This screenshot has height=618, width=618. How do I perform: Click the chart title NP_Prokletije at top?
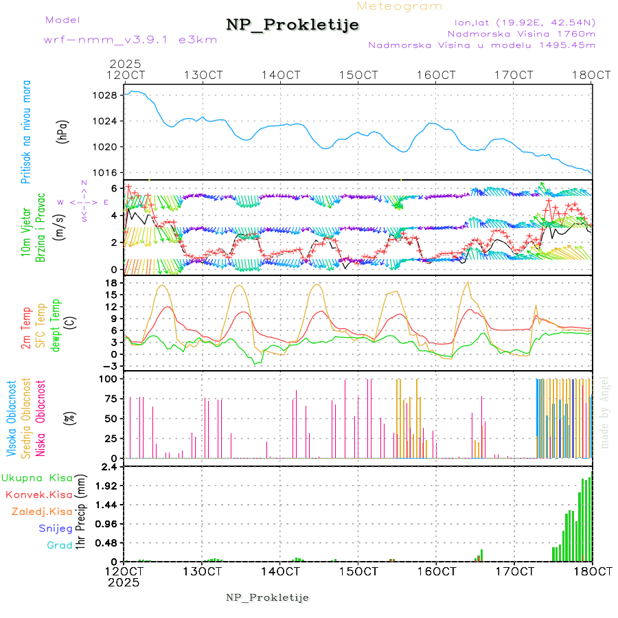click(293, 25)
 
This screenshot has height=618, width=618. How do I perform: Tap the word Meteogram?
click(400, 6)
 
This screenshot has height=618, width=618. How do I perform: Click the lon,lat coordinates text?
click(526, 23)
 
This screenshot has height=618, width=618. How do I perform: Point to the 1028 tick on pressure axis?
click(105, 95)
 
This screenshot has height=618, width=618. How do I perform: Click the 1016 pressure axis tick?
click(105, 172)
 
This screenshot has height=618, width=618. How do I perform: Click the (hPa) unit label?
click(62, 130)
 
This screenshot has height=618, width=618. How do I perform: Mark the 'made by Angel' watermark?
click(605, 412)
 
